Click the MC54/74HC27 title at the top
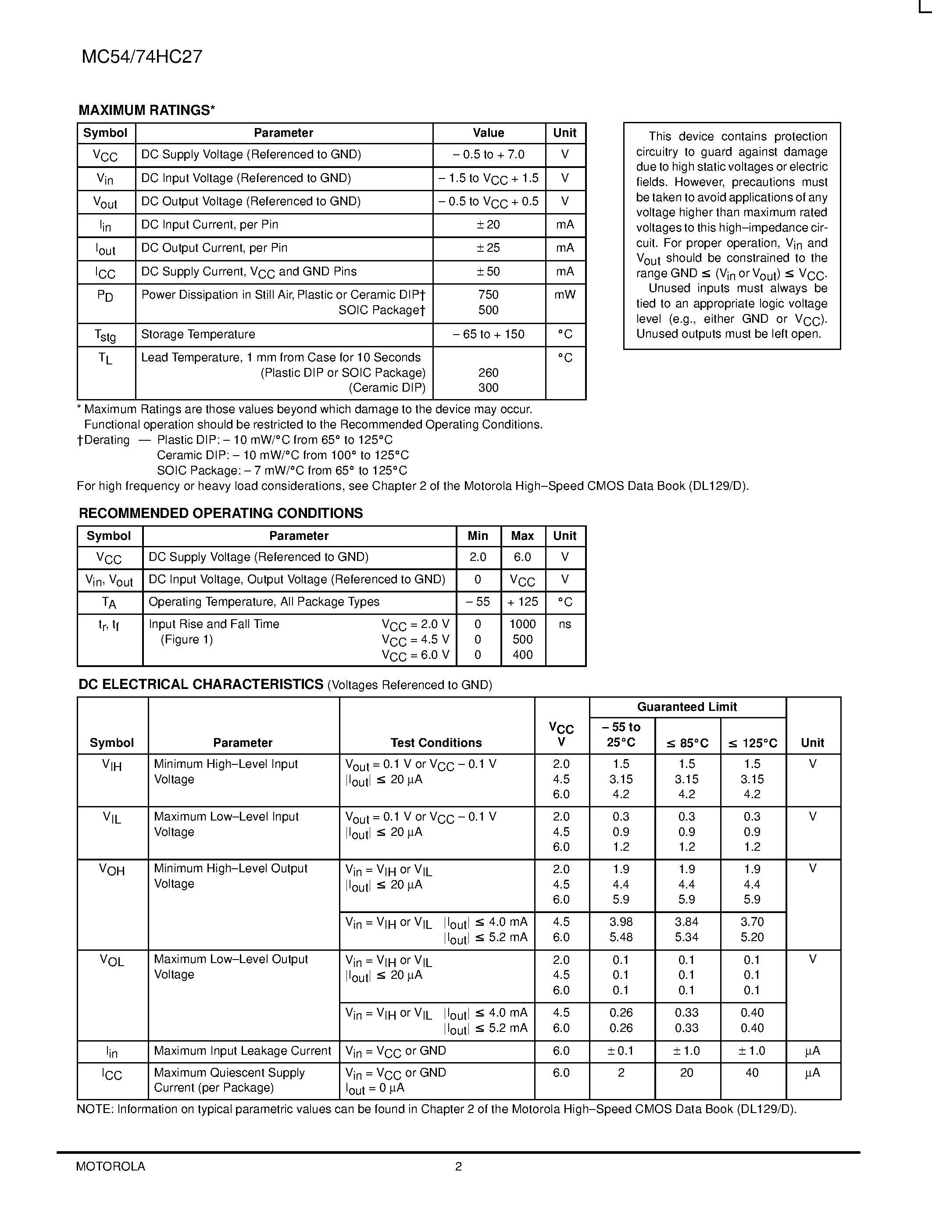pos(142,57)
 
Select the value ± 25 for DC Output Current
pos(488,248)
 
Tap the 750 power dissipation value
pos(488,295)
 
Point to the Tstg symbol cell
pos(105,335)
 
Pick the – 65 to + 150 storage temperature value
pos(488,334)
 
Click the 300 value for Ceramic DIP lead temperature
pos(488,388)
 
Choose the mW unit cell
pos(565,295)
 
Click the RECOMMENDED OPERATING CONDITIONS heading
pos(221,514)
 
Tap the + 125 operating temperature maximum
pos(522,602)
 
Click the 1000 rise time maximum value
pos(522,624)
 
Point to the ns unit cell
pos(565,624)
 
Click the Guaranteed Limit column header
pos(687,707)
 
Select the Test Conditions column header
pos(436,743)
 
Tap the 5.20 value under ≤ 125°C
pos(752,937)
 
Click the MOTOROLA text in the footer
pos(111,1166)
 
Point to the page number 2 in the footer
pos(458,1166)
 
